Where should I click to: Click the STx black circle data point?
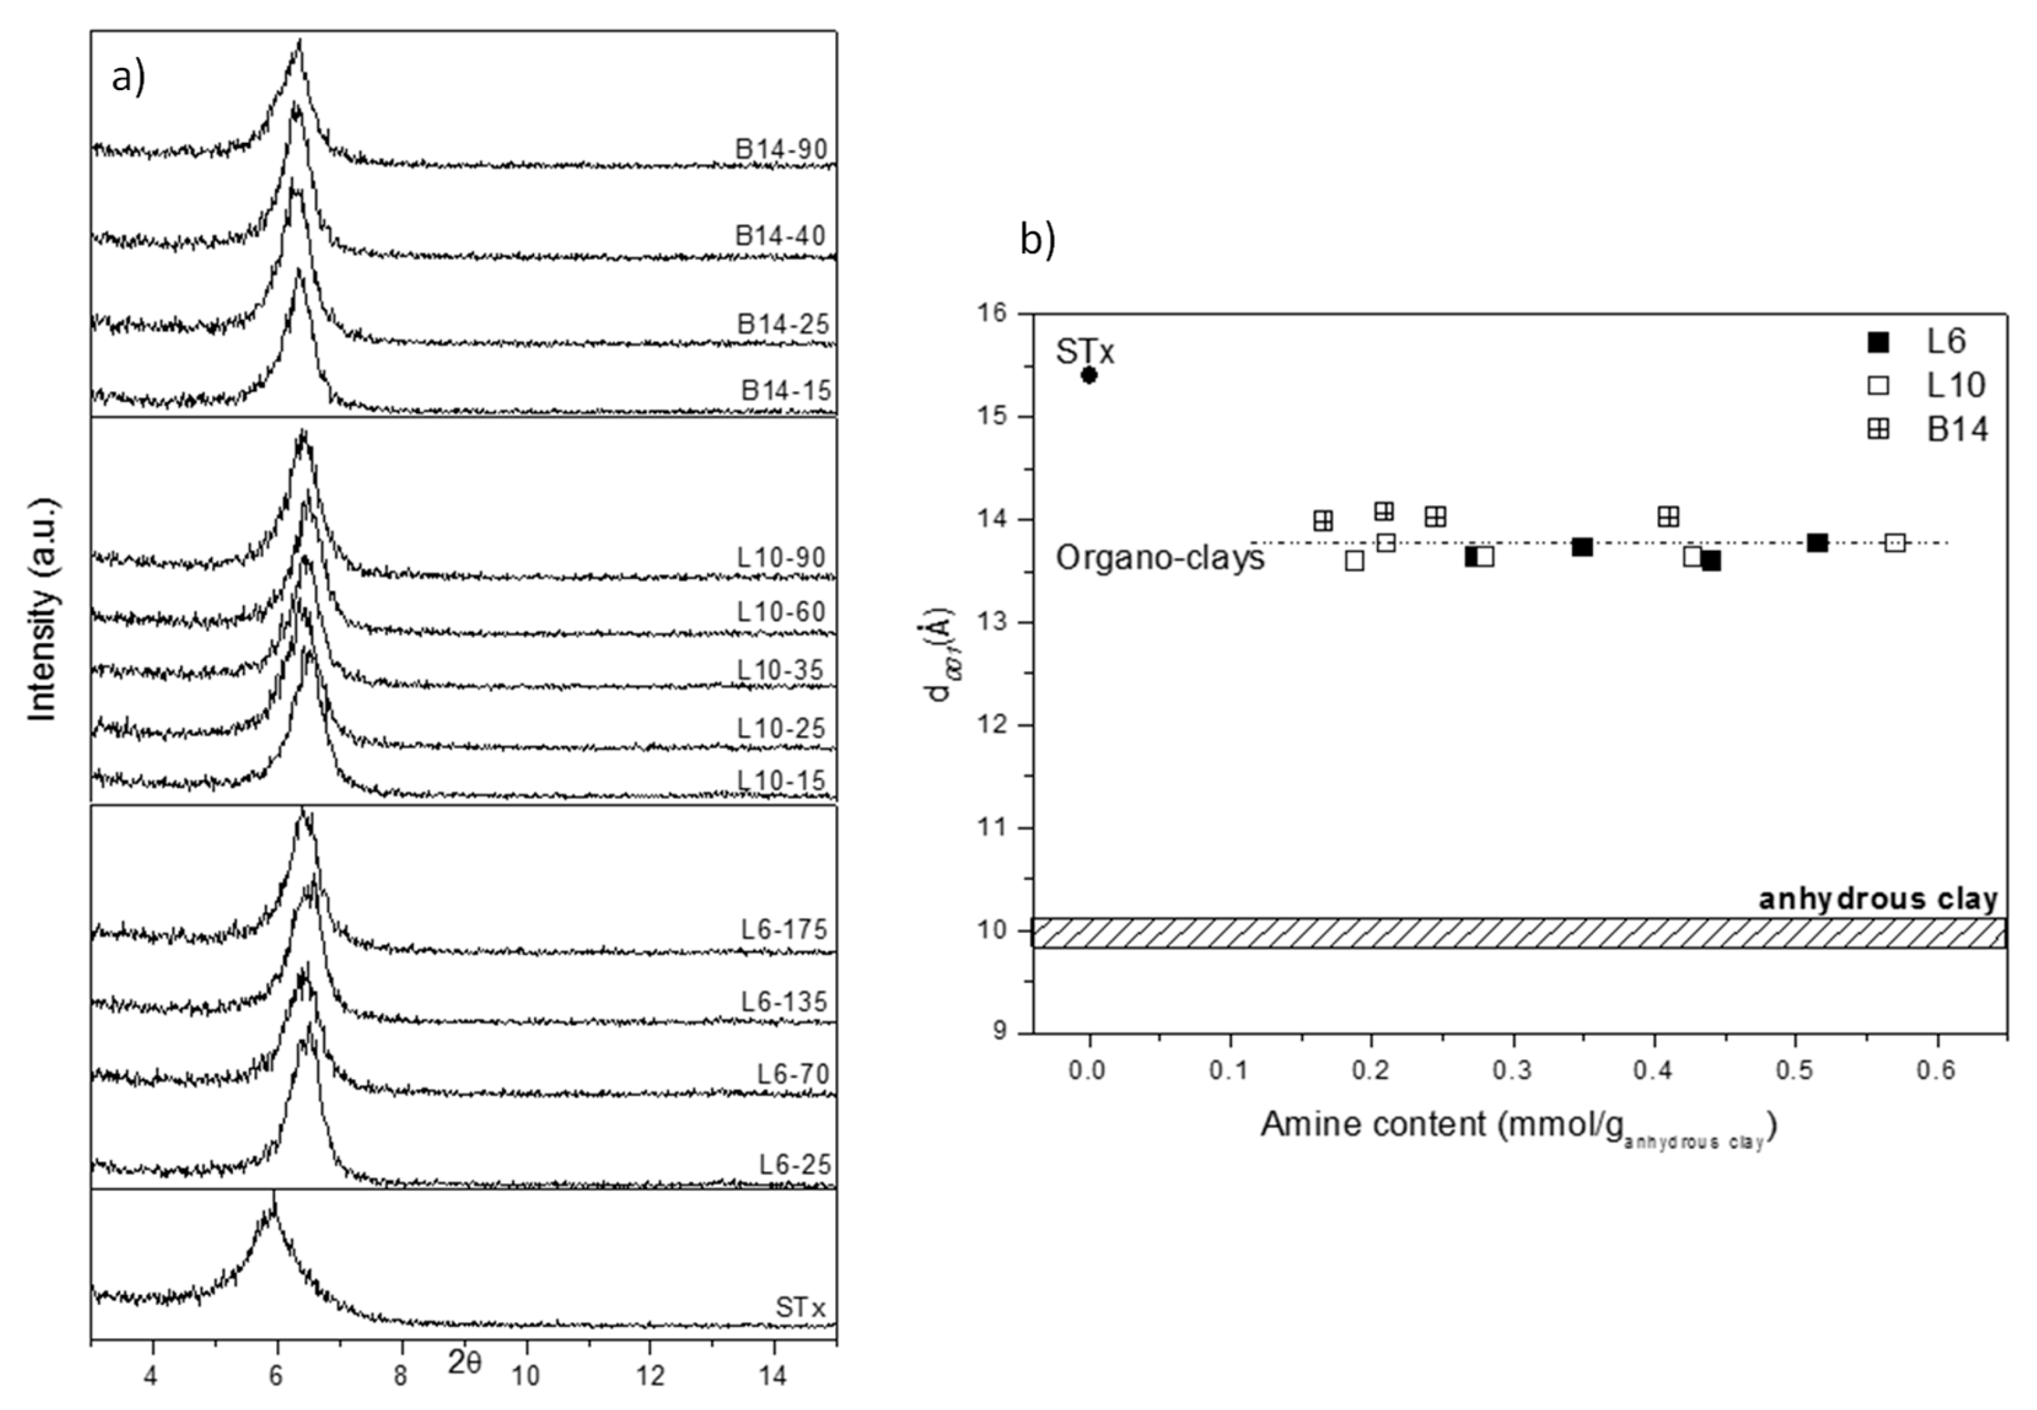click(1088, 375)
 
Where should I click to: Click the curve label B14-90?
click(781, 149)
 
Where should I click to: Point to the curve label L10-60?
click(782, 612)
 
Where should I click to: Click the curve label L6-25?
click(795, 1165)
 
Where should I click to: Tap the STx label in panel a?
click(800, 1307)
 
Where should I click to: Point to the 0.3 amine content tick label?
click(1512, 1070)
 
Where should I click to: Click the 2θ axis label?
click(465, 1363)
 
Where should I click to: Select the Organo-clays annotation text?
click(1160, 557)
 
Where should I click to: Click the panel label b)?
click(1037, 240)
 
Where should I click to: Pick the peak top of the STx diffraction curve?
click(274, 1195)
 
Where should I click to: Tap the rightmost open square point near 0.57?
click(1894, 542)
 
